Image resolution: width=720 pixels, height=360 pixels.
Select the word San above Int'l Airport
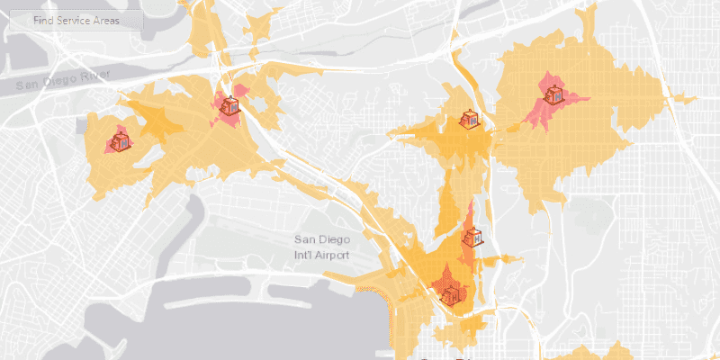click(x=306, y=239)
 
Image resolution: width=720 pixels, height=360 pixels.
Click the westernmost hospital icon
click(x=119, y=141)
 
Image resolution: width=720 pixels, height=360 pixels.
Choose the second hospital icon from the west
click(x=230, y=105)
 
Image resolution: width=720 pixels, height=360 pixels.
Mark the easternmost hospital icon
click(x=552, y=90)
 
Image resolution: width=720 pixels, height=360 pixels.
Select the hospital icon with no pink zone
click(x=469, y=120)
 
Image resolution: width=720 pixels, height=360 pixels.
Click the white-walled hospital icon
click(x=472, y=238)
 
